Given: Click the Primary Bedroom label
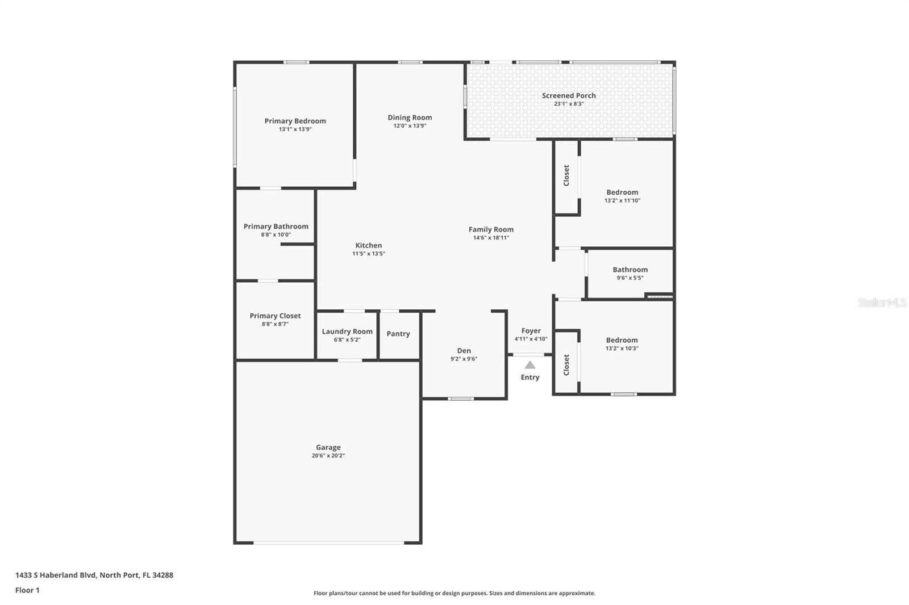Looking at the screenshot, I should pyautogui.click(x=295, y=121).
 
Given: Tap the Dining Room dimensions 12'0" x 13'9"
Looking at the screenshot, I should pyautogui.click(x=410, y=126).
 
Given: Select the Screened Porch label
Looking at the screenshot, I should pyautogui.click(x=569, y=95).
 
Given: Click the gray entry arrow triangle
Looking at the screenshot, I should pyautogui.click(x=529, y=365).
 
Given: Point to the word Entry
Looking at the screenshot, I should pyautogui.click(x=529, y=377).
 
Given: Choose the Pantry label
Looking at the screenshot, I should pyautogui.click(x=398, y=334).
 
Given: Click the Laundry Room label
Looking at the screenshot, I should pyautogui.click(x=347, y=331).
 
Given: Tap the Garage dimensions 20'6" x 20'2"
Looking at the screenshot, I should pyautogui.click(x=328, y=456).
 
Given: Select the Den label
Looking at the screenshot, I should pyautogui.click(x=464, y=351).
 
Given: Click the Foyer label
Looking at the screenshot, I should pyautogui.click(x=531, y=330).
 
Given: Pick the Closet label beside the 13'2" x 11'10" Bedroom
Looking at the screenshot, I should pyautogui.click(x=566, y=175).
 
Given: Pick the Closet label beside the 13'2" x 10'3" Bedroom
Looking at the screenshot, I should pyautogui.click(x=566, y=365).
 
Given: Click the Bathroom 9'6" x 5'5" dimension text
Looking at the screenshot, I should pyautogui.click(x=630, y=278).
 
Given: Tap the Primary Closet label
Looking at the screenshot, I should pyautogui.click(x=275, y=316).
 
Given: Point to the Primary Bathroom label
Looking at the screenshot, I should pyautogui.click(x=276, y=226).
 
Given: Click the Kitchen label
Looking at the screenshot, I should pyautogui.click(x=368, y=245).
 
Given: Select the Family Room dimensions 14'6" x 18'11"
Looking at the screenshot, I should pyautogui.click(x=491, y=238).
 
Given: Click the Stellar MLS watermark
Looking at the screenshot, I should pyautogui.click(x=882, y=302).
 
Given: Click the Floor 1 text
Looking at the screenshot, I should pyautogui.click(x=27, y=590).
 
